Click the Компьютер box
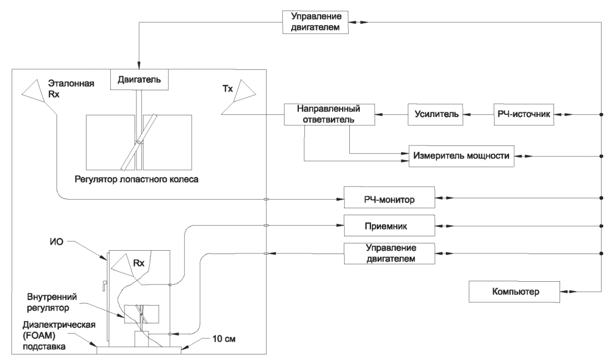pyautogui.click(x=513, y=291)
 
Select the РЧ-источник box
pyautogui.click(x=523, y=114)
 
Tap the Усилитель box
pyautogui.click(x=436, y=114)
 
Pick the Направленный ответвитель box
pyautogui.click(x=329, y=115)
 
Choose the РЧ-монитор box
pyautogui.click(x=388, y=198)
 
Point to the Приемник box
pyautogui.click(x=388, y=226)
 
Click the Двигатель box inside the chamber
pyautogui.click(x=139, y=80)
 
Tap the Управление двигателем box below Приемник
pyautogui.click(x=388, y=253)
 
